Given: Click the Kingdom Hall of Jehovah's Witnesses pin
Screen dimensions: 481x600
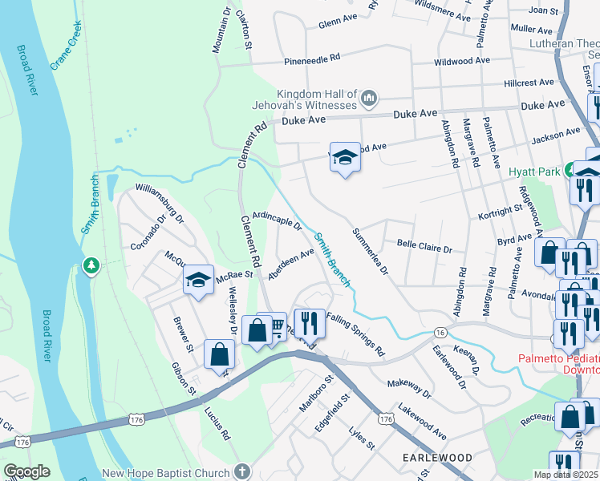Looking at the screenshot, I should click(369, 99).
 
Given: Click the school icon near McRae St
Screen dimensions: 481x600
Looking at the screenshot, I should click(198, 281).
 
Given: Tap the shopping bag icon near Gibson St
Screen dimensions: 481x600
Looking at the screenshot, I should click(219, 354).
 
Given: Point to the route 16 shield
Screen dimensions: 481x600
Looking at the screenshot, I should click(440, 332).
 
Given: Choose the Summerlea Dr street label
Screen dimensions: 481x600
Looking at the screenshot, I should click(371, 251).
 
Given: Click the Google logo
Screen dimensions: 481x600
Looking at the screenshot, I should click(26, 471).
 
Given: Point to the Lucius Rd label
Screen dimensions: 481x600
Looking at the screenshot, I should click(222, 424).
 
